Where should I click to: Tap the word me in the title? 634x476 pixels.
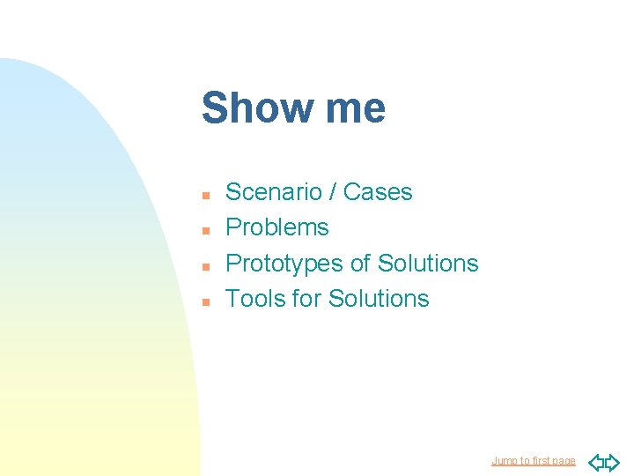(x=355, y=108)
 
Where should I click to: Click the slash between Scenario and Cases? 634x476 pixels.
(x=334, y=192)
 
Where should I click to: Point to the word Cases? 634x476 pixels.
(x=378, y=192)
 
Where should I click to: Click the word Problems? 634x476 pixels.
(x=277, y=227)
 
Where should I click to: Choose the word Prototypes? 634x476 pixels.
(x=284, y=264)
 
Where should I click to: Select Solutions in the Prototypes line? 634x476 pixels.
(x=428, y=264)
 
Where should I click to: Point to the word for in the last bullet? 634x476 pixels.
(x=306, y=299)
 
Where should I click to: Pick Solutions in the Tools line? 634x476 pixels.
(x=379, y=299)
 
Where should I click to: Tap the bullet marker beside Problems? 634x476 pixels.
(x=204, y=229)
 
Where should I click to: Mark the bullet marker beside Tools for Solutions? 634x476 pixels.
(x=204, y=301)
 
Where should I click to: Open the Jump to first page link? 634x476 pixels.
(x=533, y=461)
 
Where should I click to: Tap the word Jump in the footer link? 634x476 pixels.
(x=504, y=461)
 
